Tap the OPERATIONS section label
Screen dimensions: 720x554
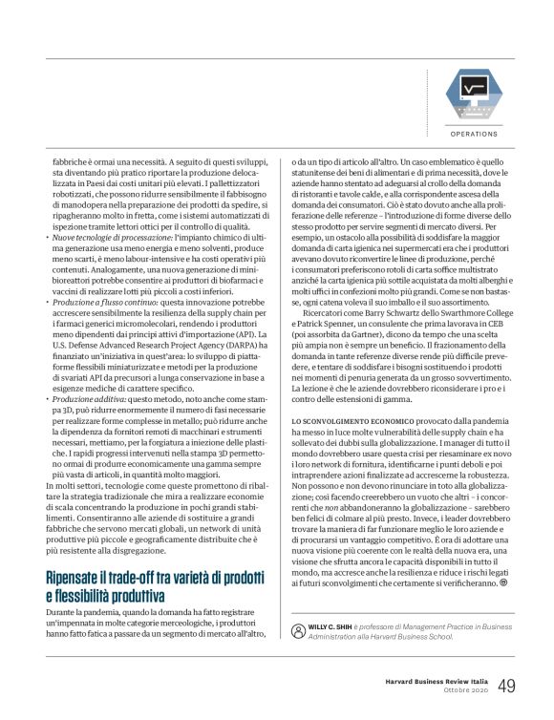[475, 135]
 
